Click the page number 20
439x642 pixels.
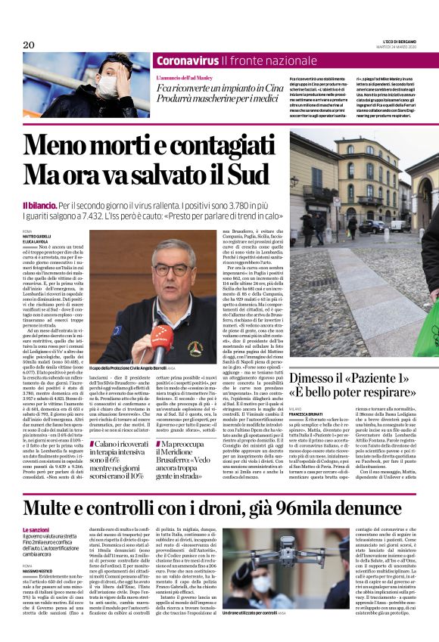point(29,45)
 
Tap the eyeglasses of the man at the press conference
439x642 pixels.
point(170,269)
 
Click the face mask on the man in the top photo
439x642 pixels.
point(106,85)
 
